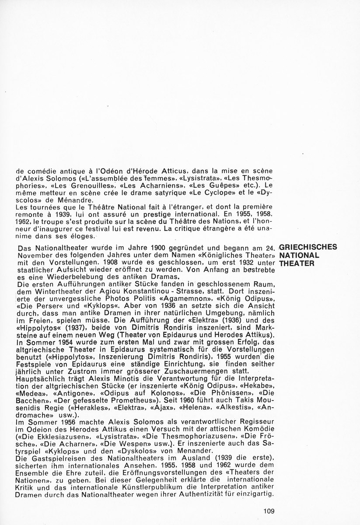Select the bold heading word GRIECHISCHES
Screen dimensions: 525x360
tap(308, 247)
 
